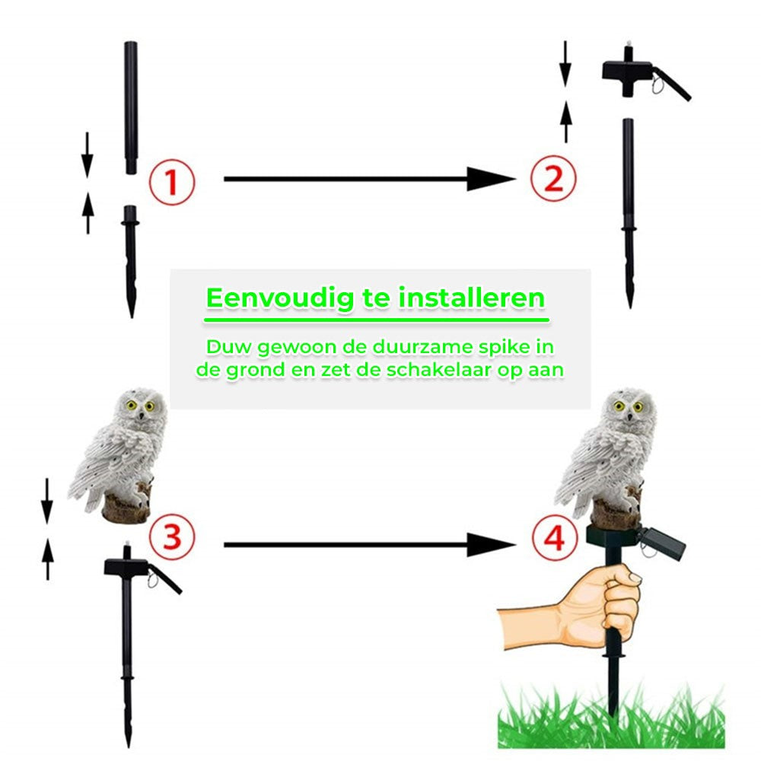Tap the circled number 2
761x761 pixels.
[552, 180]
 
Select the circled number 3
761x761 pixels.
[171, 537]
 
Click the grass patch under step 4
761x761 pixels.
[609, 719]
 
